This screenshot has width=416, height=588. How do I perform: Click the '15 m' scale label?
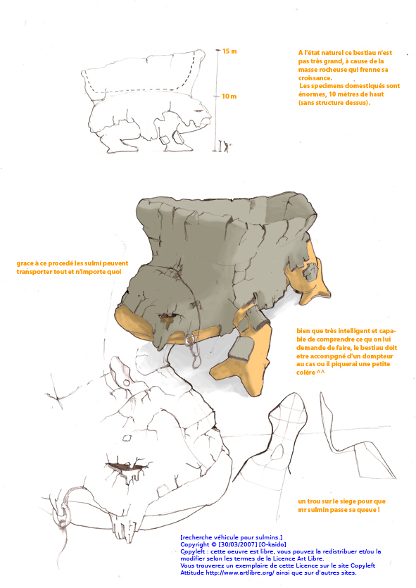coord(229,51)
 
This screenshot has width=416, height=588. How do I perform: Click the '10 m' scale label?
coord(229,96)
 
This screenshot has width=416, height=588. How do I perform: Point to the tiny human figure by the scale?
coord(226,146)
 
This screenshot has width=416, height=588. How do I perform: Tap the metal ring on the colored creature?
coord(189,340)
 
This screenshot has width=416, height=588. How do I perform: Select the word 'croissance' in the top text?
coord(315,78)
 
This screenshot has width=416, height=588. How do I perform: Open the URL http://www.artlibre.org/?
coord(240,573)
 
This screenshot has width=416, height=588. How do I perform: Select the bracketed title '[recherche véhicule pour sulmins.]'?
coord(232,537)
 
